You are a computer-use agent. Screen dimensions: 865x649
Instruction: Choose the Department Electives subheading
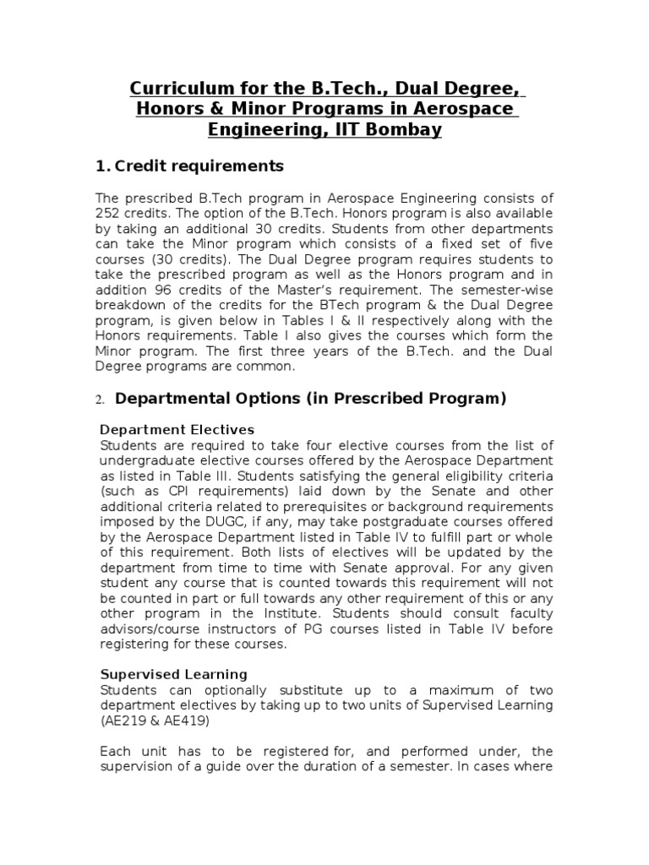[177, 430]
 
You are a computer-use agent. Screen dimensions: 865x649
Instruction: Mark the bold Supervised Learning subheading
[173, 674]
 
